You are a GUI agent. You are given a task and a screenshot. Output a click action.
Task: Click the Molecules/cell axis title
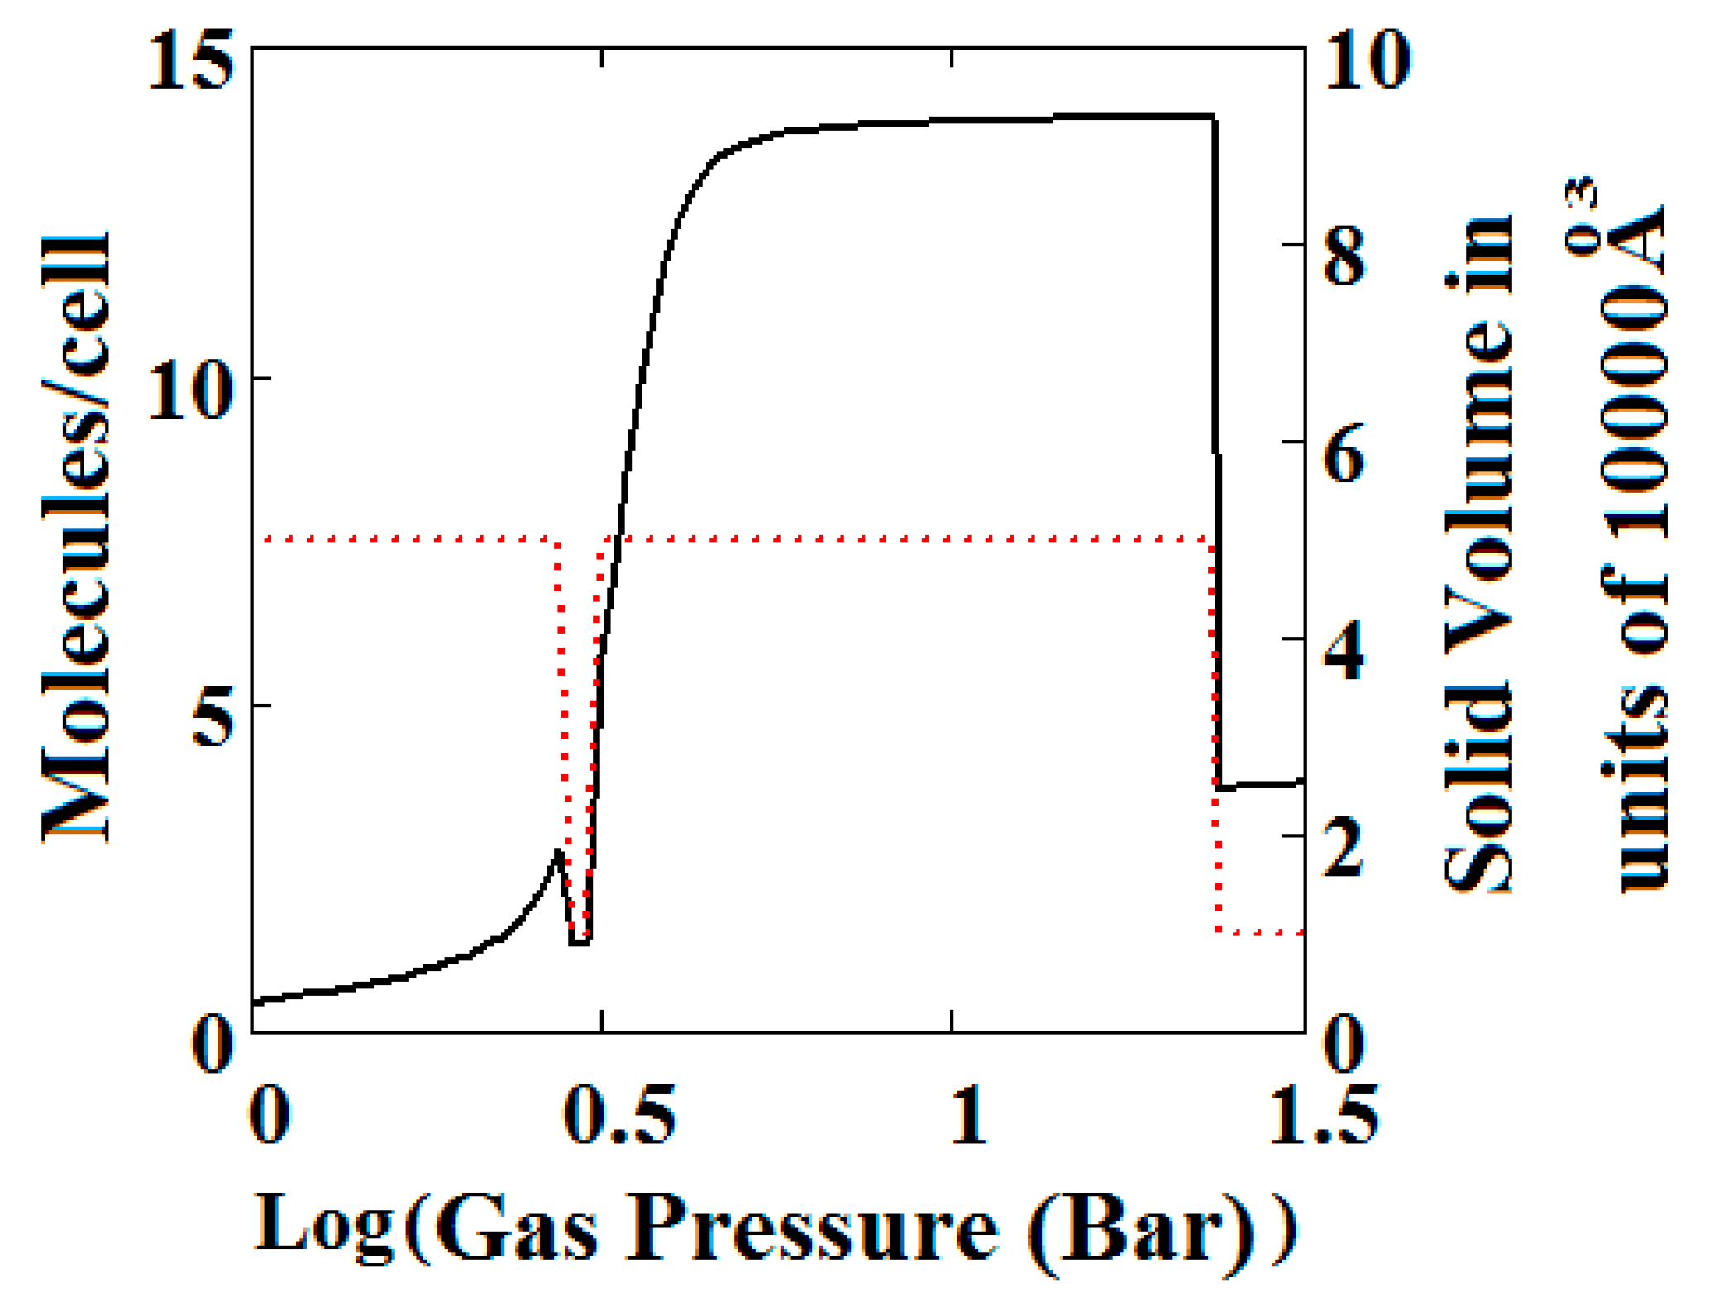tap(76, 538)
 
